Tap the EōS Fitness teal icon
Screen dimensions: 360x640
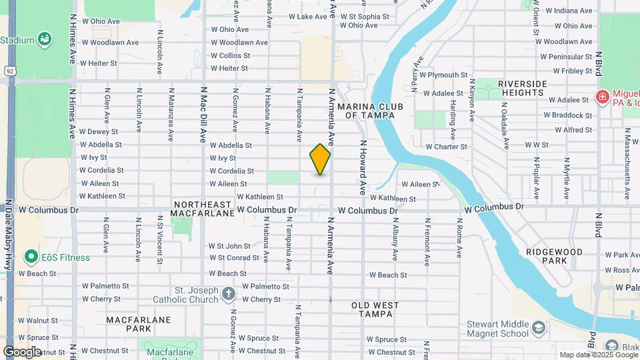[30, 257]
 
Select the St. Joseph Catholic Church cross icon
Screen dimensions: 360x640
[229, 293]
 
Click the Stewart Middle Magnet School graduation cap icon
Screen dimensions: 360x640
[538, 328]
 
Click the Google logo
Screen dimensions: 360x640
[22, 351]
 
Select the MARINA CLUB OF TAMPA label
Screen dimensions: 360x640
[366, 111]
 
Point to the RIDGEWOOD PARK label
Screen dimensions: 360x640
[554, 256]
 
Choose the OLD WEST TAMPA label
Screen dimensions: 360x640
[375, 309]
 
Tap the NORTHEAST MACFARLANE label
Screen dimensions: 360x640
[203, 209]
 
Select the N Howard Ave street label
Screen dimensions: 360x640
[363, 167]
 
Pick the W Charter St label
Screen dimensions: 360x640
[446, 147]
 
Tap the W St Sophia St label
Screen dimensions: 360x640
[364, 16]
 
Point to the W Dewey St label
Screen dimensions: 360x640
[99, 131]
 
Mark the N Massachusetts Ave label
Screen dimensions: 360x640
[627, 179]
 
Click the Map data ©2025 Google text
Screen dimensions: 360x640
[598, 355]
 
